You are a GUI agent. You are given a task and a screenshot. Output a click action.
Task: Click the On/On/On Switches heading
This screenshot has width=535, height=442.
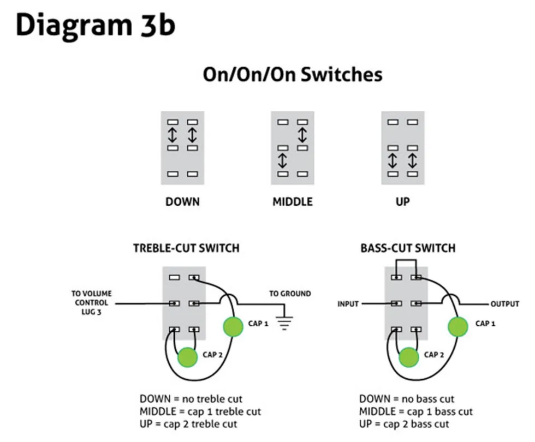[x=293, y=74]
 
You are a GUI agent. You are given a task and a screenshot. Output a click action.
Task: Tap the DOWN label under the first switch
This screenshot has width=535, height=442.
[x=183, y=202]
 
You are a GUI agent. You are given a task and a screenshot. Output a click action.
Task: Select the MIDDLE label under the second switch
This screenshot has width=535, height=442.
[x=293, y=202]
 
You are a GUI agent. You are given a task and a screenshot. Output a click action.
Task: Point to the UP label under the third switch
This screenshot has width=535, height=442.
[x=402, y=202]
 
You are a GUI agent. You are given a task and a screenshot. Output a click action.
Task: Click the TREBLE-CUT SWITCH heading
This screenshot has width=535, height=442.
[x=186, y=248]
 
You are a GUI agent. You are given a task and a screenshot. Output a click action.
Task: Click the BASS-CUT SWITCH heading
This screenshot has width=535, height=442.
[x=407, y=248]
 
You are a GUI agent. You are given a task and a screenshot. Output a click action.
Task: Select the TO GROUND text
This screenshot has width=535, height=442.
[x=290, y=294]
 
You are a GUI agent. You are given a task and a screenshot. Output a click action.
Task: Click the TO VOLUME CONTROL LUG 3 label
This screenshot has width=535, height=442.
[x=90, y=303]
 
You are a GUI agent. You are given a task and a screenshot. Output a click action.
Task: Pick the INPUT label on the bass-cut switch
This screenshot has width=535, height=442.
[x=348, y=303]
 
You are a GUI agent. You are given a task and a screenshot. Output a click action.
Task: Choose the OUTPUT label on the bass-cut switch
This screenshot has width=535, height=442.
[x=504, y=303]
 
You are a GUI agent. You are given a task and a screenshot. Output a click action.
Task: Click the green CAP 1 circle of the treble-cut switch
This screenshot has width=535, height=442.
[x=233, y=326]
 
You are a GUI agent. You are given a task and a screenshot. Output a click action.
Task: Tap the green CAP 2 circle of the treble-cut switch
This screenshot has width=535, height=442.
[x=188, y=357]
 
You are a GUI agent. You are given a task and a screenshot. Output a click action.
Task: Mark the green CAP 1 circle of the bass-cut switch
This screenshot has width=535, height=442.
[x=457, y=326]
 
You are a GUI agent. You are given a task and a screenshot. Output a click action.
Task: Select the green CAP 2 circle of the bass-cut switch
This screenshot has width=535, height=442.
[x=409, y=357]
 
